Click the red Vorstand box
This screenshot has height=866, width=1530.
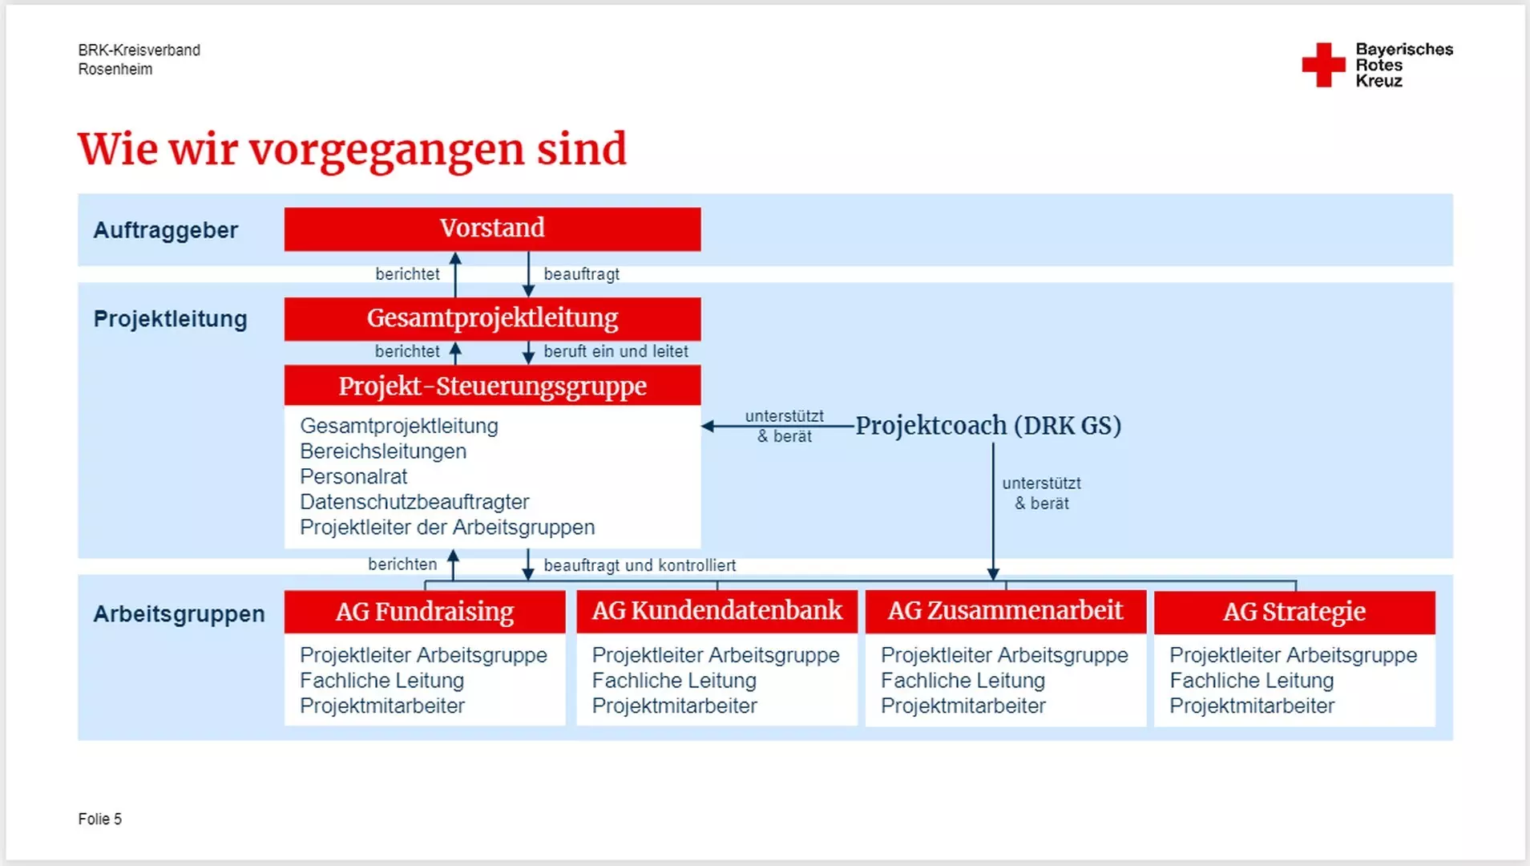(x=492, y=229)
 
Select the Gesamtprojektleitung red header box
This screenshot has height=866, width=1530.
(x=492, y=319)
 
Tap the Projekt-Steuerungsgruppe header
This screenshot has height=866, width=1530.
(x=492, y=386)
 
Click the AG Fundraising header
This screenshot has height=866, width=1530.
(x=425, y=613)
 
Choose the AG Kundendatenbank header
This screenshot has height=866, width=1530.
(x=717, y=613)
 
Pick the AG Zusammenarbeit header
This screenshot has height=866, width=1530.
(x=1006, y=613)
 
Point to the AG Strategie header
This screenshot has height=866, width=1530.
(x=1294, y=613)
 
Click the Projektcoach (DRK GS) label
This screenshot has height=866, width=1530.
(x=988, y=426)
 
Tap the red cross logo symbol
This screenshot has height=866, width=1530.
(x=1323, y=65)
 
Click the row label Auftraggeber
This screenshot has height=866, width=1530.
(x=166, y=230)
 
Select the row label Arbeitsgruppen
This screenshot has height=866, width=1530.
(x=179, y=614)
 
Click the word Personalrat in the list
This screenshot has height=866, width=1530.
(x=353, y=477)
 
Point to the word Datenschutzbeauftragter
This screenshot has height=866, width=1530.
(x=414, y=503)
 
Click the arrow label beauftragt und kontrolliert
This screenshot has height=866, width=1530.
(x=640, y=565)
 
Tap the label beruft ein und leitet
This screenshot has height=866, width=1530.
(x=616, y=351)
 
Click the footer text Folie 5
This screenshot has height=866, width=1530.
(x=100, y=819)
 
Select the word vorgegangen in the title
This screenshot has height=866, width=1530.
(x=387, y=151)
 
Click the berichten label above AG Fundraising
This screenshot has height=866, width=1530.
(x=402, y=565)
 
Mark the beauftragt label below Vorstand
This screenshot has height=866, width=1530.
(x=582, y=274)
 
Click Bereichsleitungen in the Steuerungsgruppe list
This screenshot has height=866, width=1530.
(x=383, y=451)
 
